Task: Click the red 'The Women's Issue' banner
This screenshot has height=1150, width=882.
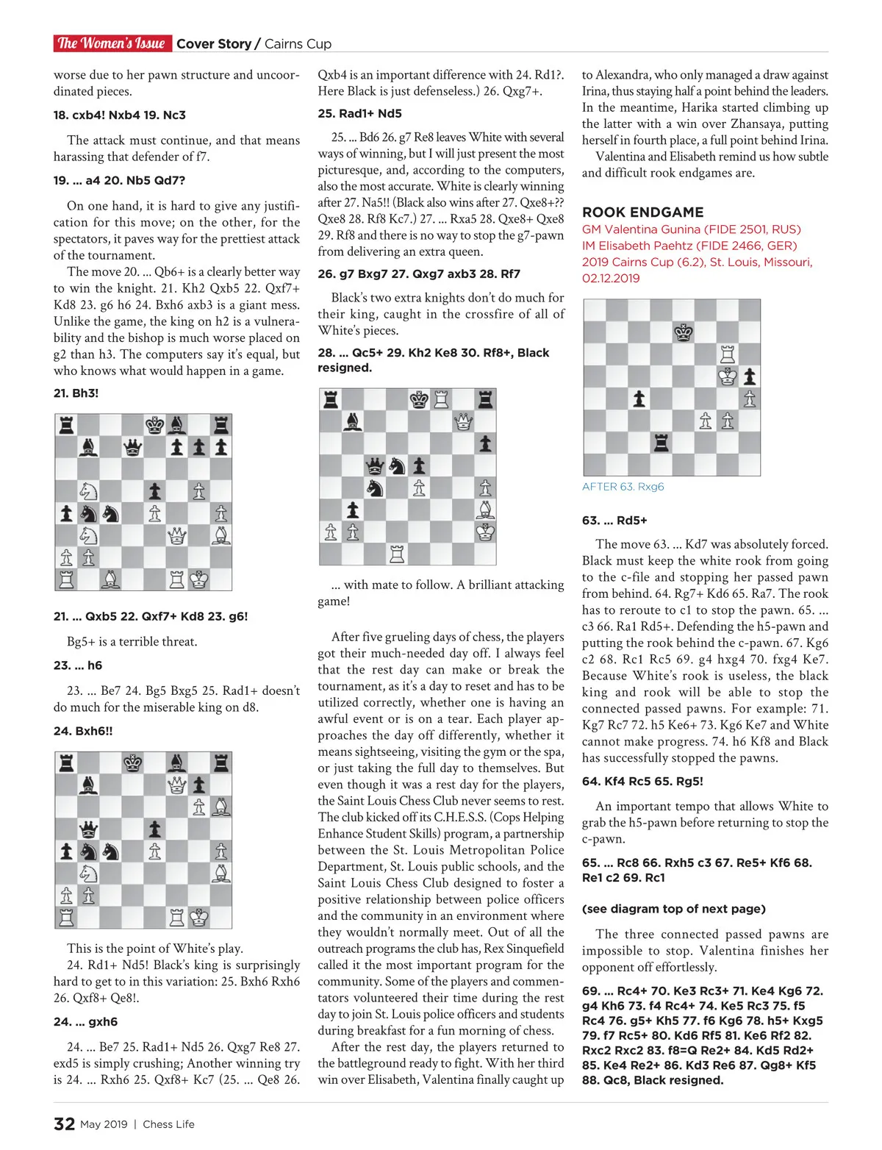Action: pyautogui.click(x=112, y=43)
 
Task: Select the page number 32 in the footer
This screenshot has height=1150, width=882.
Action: pyautogui.click(x=64, y=1124)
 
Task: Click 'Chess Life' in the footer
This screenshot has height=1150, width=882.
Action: pyautogui.click(x=168, y=1124)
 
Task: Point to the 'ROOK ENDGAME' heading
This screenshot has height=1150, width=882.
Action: pyautogui.click(x=642, y=212)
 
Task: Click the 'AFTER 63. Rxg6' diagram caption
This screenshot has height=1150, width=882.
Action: pyautogui.click(x=623, y=487)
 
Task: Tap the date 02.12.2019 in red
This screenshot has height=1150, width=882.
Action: pyautogui.click(x=611, y=278)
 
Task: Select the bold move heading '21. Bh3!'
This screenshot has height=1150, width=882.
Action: pyautogui.click(x=76, y=393)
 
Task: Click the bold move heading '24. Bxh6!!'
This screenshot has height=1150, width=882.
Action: pyautogui.click(x=83, y=731)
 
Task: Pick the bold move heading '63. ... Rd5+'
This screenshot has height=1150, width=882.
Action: pyautogui.click(x=614, y=521)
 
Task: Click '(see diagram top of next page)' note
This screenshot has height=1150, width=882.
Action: pyautogui.click(x=673, y=909)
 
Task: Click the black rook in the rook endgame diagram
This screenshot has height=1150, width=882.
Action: pyautogui.click(x=661, y=443)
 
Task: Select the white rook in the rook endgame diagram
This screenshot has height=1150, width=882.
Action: pyautogui.click(x=728, y=354)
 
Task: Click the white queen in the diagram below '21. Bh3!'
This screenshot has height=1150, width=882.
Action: pyautogui.click(x=176, y=535)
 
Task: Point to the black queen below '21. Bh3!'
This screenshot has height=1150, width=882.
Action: pyautogui.click(x=132, y=447)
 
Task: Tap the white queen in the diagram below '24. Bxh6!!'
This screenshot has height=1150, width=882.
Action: pyautogui.click(x=176, y=785)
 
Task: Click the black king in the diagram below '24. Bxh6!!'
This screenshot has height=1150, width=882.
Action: pyautogui.click(x=132, y=762)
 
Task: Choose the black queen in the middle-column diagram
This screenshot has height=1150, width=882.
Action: pyautogui.click(x=375, y=465)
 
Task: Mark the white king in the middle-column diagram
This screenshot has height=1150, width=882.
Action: pyautogui.click(x=485, y=532)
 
